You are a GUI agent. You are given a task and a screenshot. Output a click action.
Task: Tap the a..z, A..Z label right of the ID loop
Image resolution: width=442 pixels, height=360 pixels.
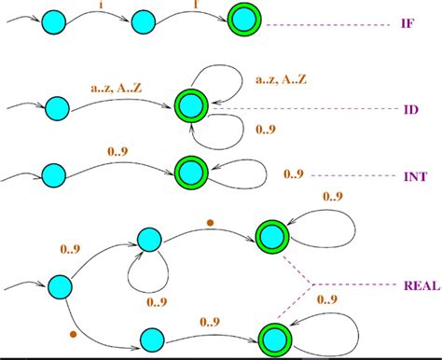pyautogui.click(x=286, y=82)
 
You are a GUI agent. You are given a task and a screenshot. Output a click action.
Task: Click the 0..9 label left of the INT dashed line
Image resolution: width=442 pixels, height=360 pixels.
pyautogui.click(x=293, y=174)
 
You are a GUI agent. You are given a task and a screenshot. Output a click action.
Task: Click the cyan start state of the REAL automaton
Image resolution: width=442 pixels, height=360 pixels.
pyautogui.click(x=61, y=286)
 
